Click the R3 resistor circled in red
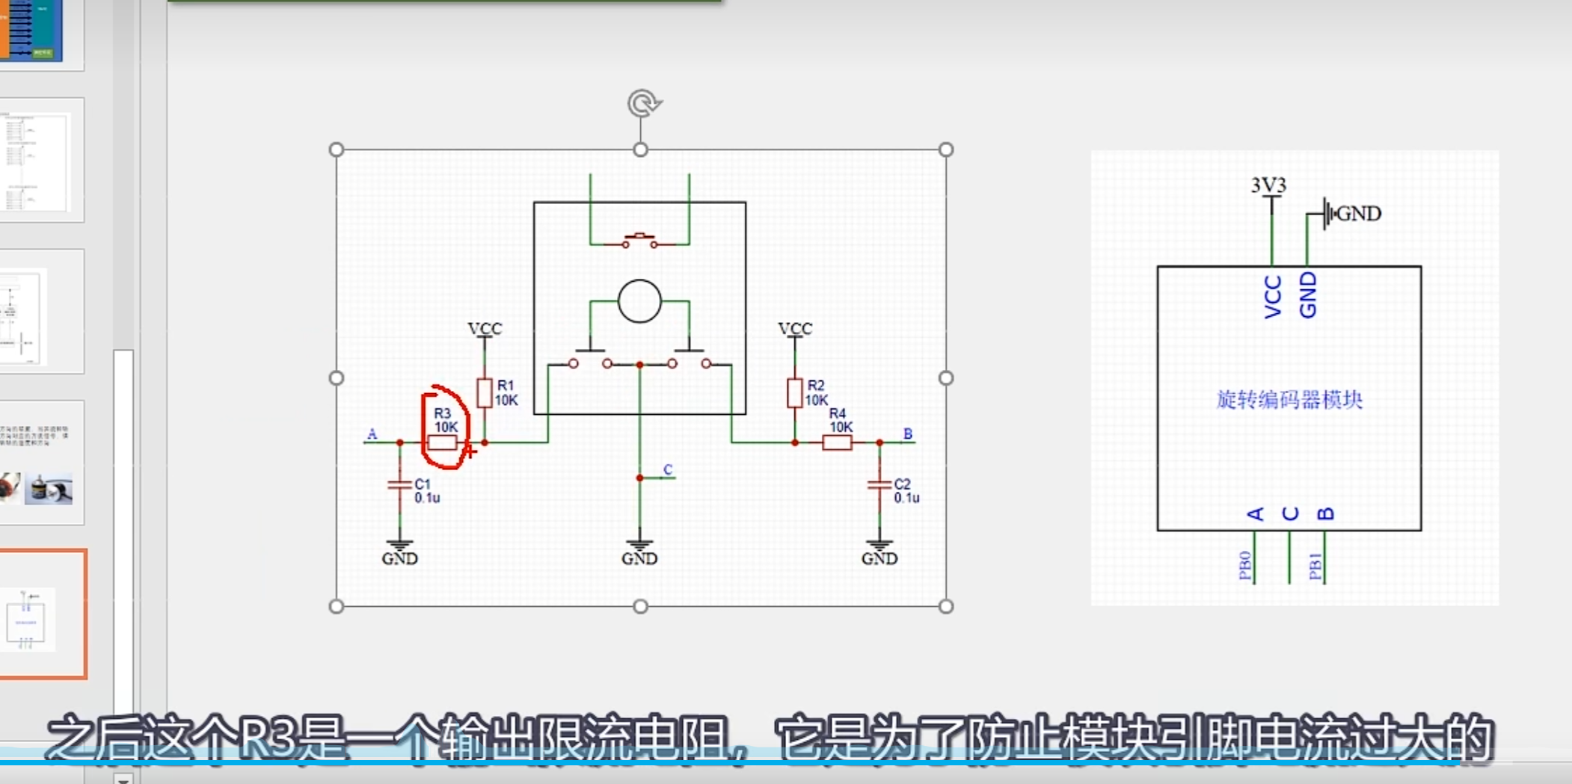click(x=442, y=442)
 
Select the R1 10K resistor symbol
click(x=485, y=393)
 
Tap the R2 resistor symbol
click(x=794, y=393)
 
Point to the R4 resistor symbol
click(x=837, y=442)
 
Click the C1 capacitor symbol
click(x=400, y=485)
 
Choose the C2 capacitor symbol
click(x=879, y=485)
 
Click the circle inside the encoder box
click(x=639, y=301)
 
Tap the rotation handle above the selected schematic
click(x=642, y=103)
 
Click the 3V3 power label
click(x=1268, y=185)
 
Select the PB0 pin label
click(x=1245, y=566)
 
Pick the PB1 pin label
click(x=1315, y=566)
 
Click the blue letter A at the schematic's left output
click(x=372, y=434)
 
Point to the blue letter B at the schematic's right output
click(x=908, y=433)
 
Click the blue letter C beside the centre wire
click(x=668, y=469)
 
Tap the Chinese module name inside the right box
click(x=1289, y=400)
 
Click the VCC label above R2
click(x=794, y=329)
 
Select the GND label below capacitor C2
click(x=879, y=558)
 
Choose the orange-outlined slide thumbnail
click(x=43, y=614)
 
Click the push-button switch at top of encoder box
click(x=639, y=241)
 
